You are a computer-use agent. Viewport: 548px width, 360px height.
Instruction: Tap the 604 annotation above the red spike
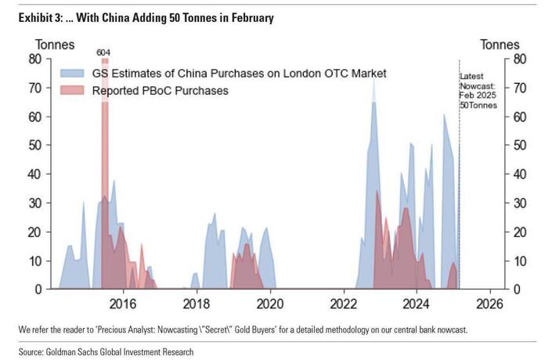(103, 52)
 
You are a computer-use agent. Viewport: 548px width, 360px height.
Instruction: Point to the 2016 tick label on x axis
(123, 304)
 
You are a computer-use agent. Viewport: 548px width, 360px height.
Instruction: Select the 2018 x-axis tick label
(196, 304)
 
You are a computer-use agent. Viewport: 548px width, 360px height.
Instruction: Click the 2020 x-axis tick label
(270, 304)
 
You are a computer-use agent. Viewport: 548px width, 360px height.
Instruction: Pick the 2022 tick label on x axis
(344, 304)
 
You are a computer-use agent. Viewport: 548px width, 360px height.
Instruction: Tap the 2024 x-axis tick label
(416, 304)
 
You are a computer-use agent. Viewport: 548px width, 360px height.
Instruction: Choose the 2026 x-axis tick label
(490, 304)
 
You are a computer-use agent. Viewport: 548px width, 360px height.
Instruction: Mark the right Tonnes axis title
(499, 45)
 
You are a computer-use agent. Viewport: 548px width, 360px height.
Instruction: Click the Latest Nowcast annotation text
(478, 90)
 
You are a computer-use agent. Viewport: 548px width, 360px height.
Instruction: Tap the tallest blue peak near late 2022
(373, 81)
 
